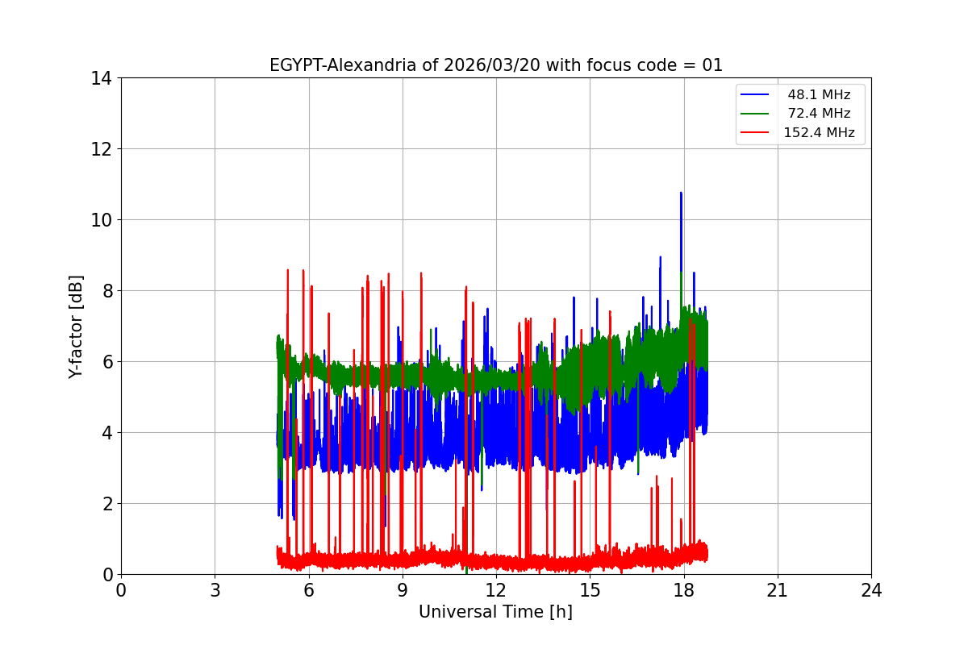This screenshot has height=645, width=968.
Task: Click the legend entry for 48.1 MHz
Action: (x=819, y=95)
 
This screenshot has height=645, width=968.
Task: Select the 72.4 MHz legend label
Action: (x=819, y=114)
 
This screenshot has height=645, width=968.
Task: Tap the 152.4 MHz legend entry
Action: (x=819, y=133)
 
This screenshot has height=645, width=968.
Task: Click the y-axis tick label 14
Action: (x=101, y=78)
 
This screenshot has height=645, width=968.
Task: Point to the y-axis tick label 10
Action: (x=101, y=220)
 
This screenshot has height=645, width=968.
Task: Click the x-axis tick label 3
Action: (x=215, y=590)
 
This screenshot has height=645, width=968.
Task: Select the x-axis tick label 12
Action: (x=496, y=590)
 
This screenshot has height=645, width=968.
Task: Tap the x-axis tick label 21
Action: (x=778, y=590)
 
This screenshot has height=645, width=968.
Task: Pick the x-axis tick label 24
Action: (x=871, y=590)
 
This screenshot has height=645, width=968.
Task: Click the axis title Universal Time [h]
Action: (x=495, y=613)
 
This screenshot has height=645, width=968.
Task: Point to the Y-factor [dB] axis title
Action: (x=77, y=327)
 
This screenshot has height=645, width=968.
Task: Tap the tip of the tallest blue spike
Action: (x=681, y=193)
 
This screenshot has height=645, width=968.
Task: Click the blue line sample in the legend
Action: (x=757, y=95)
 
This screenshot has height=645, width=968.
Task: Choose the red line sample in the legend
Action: (x=757, y=133)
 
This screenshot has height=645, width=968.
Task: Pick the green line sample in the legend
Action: (x=757, y=114)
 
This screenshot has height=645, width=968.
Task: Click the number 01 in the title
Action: (x=712, y=66)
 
